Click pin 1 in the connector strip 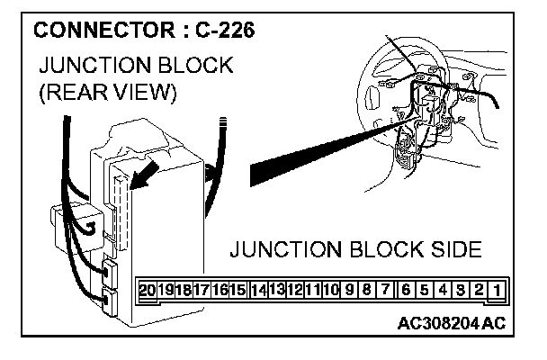[x=497, y=291]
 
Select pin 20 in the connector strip [x=148, y=291]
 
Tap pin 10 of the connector [x=331, y=291]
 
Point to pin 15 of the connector [x=238, y=291]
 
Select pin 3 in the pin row [x=460, y=291]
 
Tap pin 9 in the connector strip [x=349, y=291]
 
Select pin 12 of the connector [x=295, y=291]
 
